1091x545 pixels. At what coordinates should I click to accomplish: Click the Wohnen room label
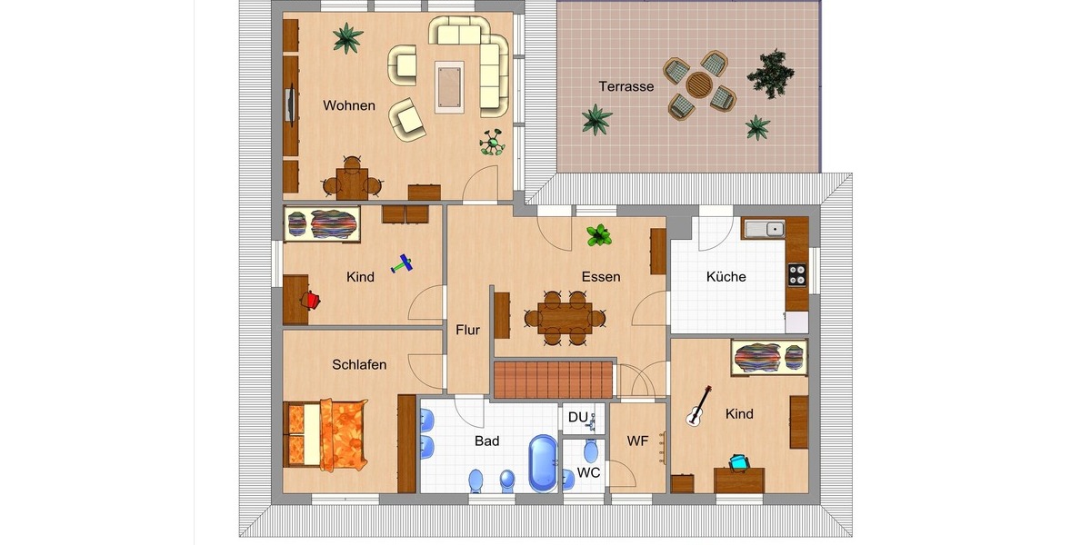pyautogui.click(x=349, y=105)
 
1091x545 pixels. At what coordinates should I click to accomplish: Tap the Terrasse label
pyautogui.click(x=626, y=86)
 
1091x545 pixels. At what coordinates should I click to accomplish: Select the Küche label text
pyautogui.click(x=726, y=276)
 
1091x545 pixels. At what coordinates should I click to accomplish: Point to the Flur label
pyautogui.click(x=467, y=330)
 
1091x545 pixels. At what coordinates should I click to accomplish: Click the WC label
pyautogui.click(x=588, y=472)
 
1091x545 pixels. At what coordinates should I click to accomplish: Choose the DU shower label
pyautogui.click(x=578, y=417)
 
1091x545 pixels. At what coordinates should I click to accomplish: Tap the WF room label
pyautogui.click(x=637, y=441)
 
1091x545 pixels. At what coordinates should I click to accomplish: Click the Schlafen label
pyautogui.click(x=359, y=364)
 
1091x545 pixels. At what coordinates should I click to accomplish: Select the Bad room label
pyautogui.click(x=487, y=441)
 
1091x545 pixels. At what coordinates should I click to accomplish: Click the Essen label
pyautogui.click(x=601, y=276)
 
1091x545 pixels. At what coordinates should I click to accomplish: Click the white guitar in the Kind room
pyautogui.click(x=698, y=406)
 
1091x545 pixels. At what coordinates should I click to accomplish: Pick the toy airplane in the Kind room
pyautogui.click(x=402, y=265)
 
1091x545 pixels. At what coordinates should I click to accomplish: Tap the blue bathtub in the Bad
pyautogui.click(x=543, y=462)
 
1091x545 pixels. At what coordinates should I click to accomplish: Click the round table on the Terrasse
pyautogui.click(x=699, y=84)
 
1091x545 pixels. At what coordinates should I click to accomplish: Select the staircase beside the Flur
pyautogui.click(x=553, y=379)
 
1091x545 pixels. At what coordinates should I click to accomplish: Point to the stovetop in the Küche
pyautogui.click(x=796, y=273)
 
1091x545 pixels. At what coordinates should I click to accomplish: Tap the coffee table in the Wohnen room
pyautogui.click(x=449, y=86)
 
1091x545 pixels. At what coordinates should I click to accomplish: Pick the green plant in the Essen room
pyautogui.click(x=598, y=236)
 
